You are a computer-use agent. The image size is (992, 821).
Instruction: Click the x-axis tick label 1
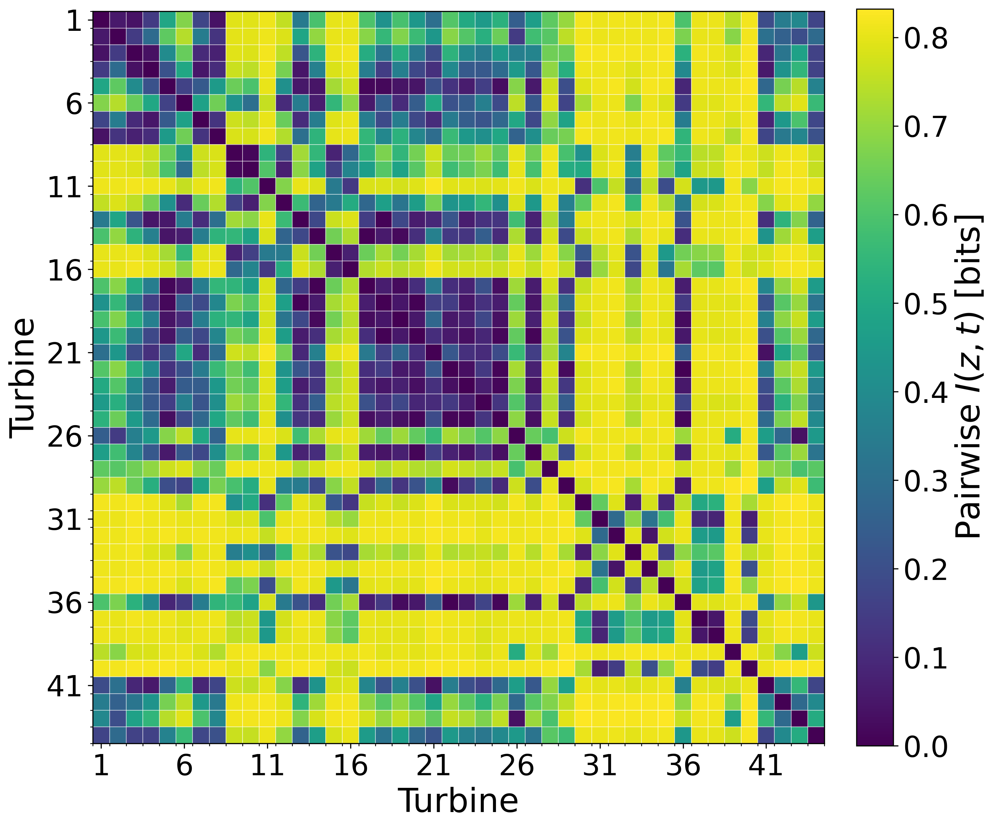point(101,765)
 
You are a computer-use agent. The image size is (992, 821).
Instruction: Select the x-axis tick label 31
point(600,765)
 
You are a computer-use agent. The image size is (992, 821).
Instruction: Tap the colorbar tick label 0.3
point(926,481)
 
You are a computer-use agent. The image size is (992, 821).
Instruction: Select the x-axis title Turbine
point(458,800)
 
